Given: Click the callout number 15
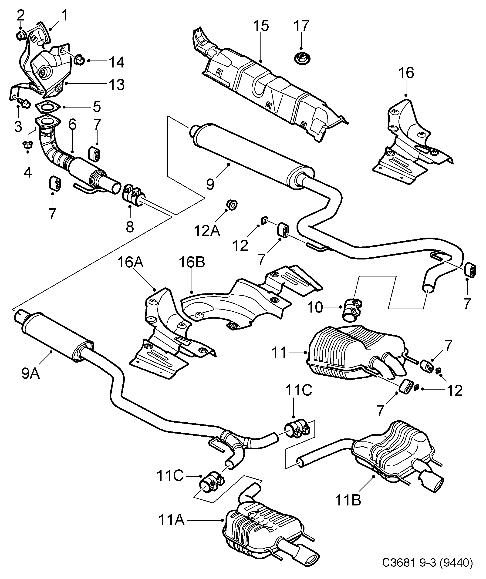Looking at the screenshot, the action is click(261, 26).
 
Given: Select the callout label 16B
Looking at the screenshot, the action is click(192, 263).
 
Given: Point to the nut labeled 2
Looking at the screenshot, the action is click(21, 35).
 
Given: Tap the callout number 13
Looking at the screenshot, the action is click(117, 85).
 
